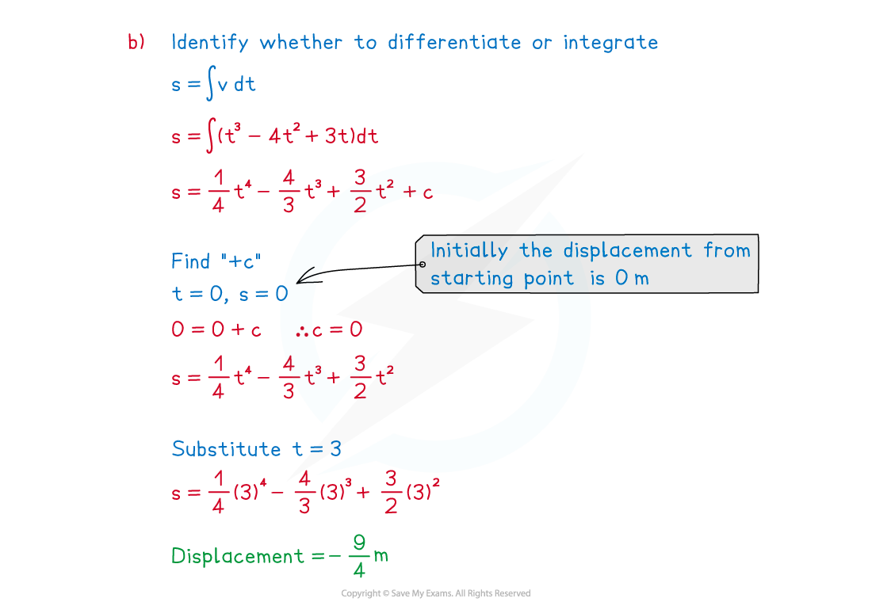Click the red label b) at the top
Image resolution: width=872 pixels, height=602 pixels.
(x=136, y=42)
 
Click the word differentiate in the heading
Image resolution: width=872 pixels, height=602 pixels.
(x=453, y=42)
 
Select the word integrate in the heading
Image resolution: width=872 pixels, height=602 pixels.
(x=610, y=43)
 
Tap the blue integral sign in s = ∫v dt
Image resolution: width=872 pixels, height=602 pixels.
(x=211, y=83)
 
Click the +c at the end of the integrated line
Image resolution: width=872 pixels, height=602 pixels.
(x=418, y=192)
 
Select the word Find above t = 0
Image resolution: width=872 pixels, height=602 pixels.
(x=190, y=261)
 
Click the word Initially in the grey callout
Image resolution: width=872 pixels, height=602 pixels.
(x=469, y=250)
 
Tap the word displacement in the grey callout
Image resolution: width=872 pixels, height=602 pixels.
(x=627, y=250)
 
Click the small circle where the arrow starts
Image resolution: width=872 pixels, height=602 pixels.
(x=423, y=265)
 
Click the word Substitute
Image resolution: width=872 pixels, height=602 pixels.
(x=227, y=448)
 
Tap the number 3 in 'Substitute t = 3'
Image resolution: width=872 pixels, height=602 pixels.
(x=335, y=448)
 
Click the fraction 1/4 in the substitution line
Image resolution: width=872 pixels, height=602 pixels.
(x=218, y=492)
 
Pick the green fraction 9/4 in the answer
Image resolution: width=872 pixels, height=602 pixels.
(x=359, y=556)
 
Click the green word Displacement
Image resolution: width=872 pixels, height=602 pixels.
(x=238, y=556)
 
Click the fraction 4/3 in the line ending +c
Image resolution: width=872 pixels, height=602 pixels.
(x=288, y=192)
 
